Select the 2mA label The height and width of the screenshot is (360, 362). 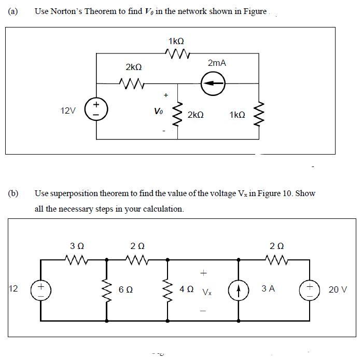tap(217, 63)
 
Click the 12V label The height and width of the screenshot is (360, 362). tap(68, 110)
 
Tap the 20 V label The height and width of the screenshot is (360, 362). tap(338, 289)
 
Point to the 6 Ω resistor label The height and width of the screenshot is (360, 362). tap(126, 289)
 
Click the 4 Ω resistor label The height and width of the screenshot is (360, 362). tap(186, 288)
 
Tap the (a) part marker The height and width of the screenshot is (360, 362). tap(13, 11)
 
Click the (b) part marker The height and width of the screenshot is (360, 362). tap(13, 193)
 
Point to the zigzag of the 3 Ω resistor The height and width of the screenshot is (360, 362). tap(77, 258)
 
